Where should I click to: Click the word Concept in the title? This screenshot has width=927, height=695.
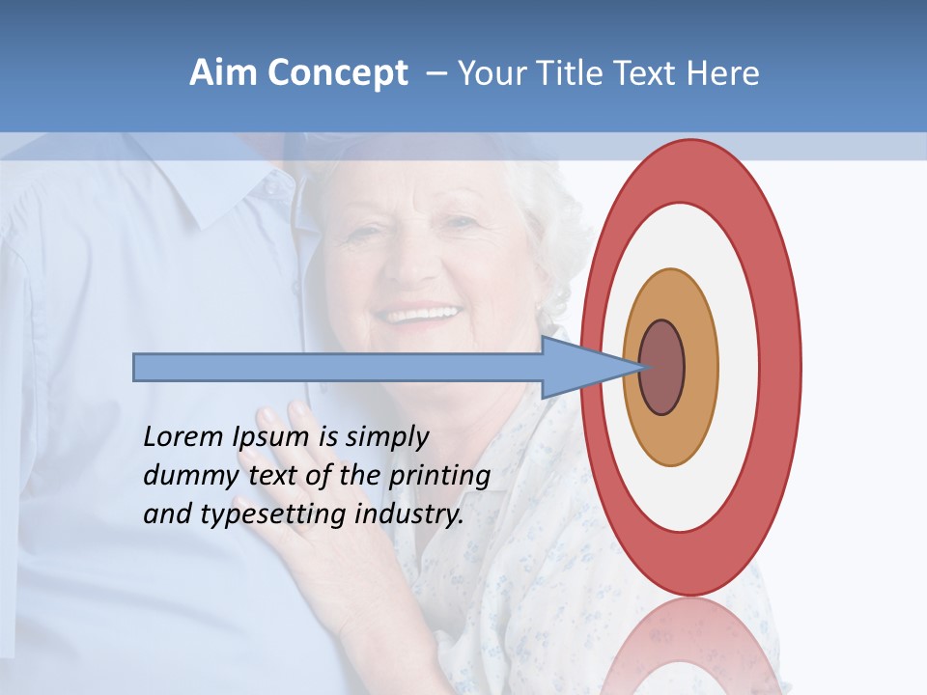[x=338, y=73]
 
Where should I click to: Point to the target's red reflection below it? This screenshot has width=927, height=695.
[x=690, y=647]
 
